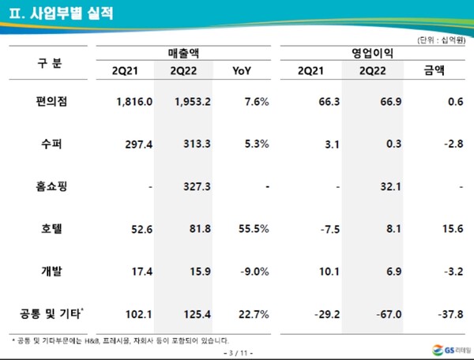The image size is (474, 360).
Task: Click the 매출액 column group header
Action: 184,53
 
